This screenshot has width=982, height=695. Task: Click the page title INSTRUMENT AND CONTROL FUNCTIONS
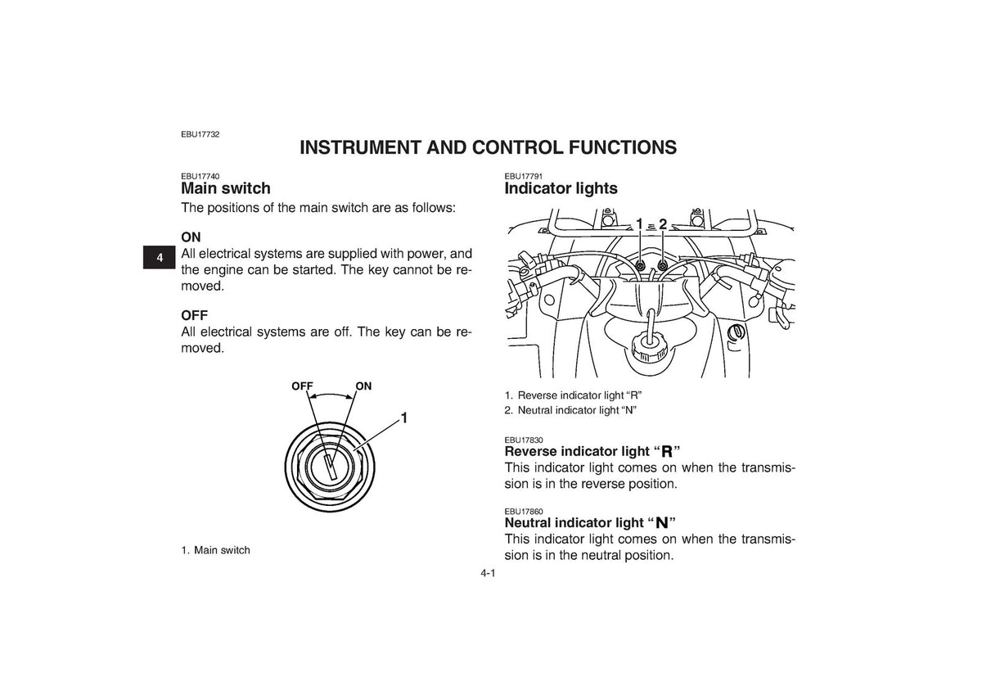pyautogui.click(x=488, y=148)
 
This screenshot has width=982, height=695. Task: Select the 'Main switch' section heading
pyautogui.click(x=226, y=188)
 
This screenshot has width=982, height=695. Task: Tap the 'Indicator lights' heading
pyautogui.click(x=561, y=188)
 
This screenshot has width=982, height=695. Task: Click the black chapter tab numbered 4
pyautogui.click(x=159, y=257)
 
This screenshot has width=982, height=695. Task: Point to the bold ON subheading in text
pyautogui.click(x=191, y=237)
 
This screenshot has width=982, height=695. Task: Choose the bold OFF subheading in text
pyautogui.click(x=194, y=315)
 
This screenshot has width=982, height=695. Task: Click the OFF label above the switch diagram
pyautogui.click(x=302, y=386)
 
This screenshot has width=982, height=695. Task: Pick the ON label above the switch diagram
pyautogui.click(x=363, y=386)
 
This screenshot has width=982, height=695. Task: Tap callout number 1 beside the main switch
pyautogui.click(x=404, y=417)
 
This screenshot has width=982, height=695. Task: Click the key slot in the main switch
pyautogui.click(x=330, y=466)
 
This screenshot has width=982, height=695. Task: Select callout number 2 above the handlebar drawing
pyautogui.click(x=662, y=224)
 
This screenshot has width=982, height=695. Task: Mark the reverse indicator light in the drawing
pyautogui.click(x=640, y=265)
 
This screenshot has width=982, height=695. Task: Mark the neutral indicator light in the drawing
pyautogui.click(x=662, y=265)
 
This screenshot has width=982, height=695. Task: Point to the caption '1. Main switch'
pyautogui.click(x=216, y=550)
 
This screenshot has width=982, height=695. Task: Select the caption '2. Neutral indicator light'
pyautogui.click(x=570, y=410)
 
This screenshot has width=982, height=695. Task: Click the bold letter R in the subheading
pyautogui.click(x=667, y=452)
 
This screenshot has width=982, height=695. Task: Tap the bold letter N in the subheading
pyautogui.click(x=662, y=523)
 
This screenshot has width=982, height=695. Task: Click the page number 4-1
pyautogui.click(x=488, y=573)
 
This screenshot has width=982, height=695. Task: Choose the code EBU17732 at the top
pyautogui.click(x=200, y=134)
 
